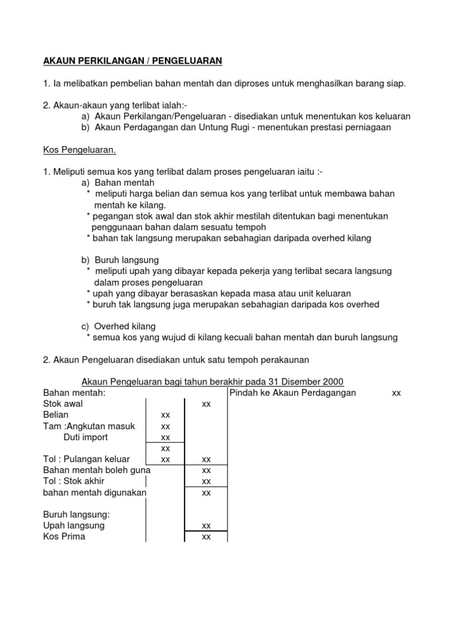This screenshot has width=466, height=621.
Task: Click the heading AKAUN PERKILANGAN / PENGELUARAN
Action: [132, 61]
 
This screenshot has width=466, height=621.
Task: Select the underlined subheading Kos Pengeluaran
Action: [79, 149]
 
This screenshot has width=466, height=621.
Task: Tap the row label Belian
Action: [56, 415]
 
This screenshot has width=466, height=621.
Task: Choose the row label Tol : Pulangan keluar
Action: [86, 459]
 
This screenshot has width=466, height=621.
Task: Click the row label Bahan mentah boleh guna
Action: [96, 470]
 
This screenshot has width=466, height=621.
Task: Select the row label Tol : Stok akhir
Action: [77, 482]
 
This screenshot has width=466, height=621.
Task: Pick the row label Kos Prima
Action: [64, 537]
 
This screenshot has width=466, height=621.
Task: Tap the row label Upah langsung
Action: [74, 525]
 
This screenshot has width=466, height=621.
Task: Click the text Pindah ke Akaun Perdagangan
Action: [293, 393]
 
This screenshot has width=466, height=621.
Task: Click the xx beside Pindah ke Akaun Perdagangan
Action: [396, 393]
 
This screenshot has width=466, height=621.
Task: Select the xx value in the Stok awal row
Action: [206, 404]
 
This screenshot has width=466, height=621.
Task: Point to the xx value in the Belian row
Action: [165, 415]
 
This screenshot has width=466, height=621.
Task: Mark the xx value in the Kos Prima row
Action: [206, 537]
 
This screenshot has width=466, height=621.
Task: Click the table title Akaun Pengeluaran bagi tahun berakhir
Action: [212, 381]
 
